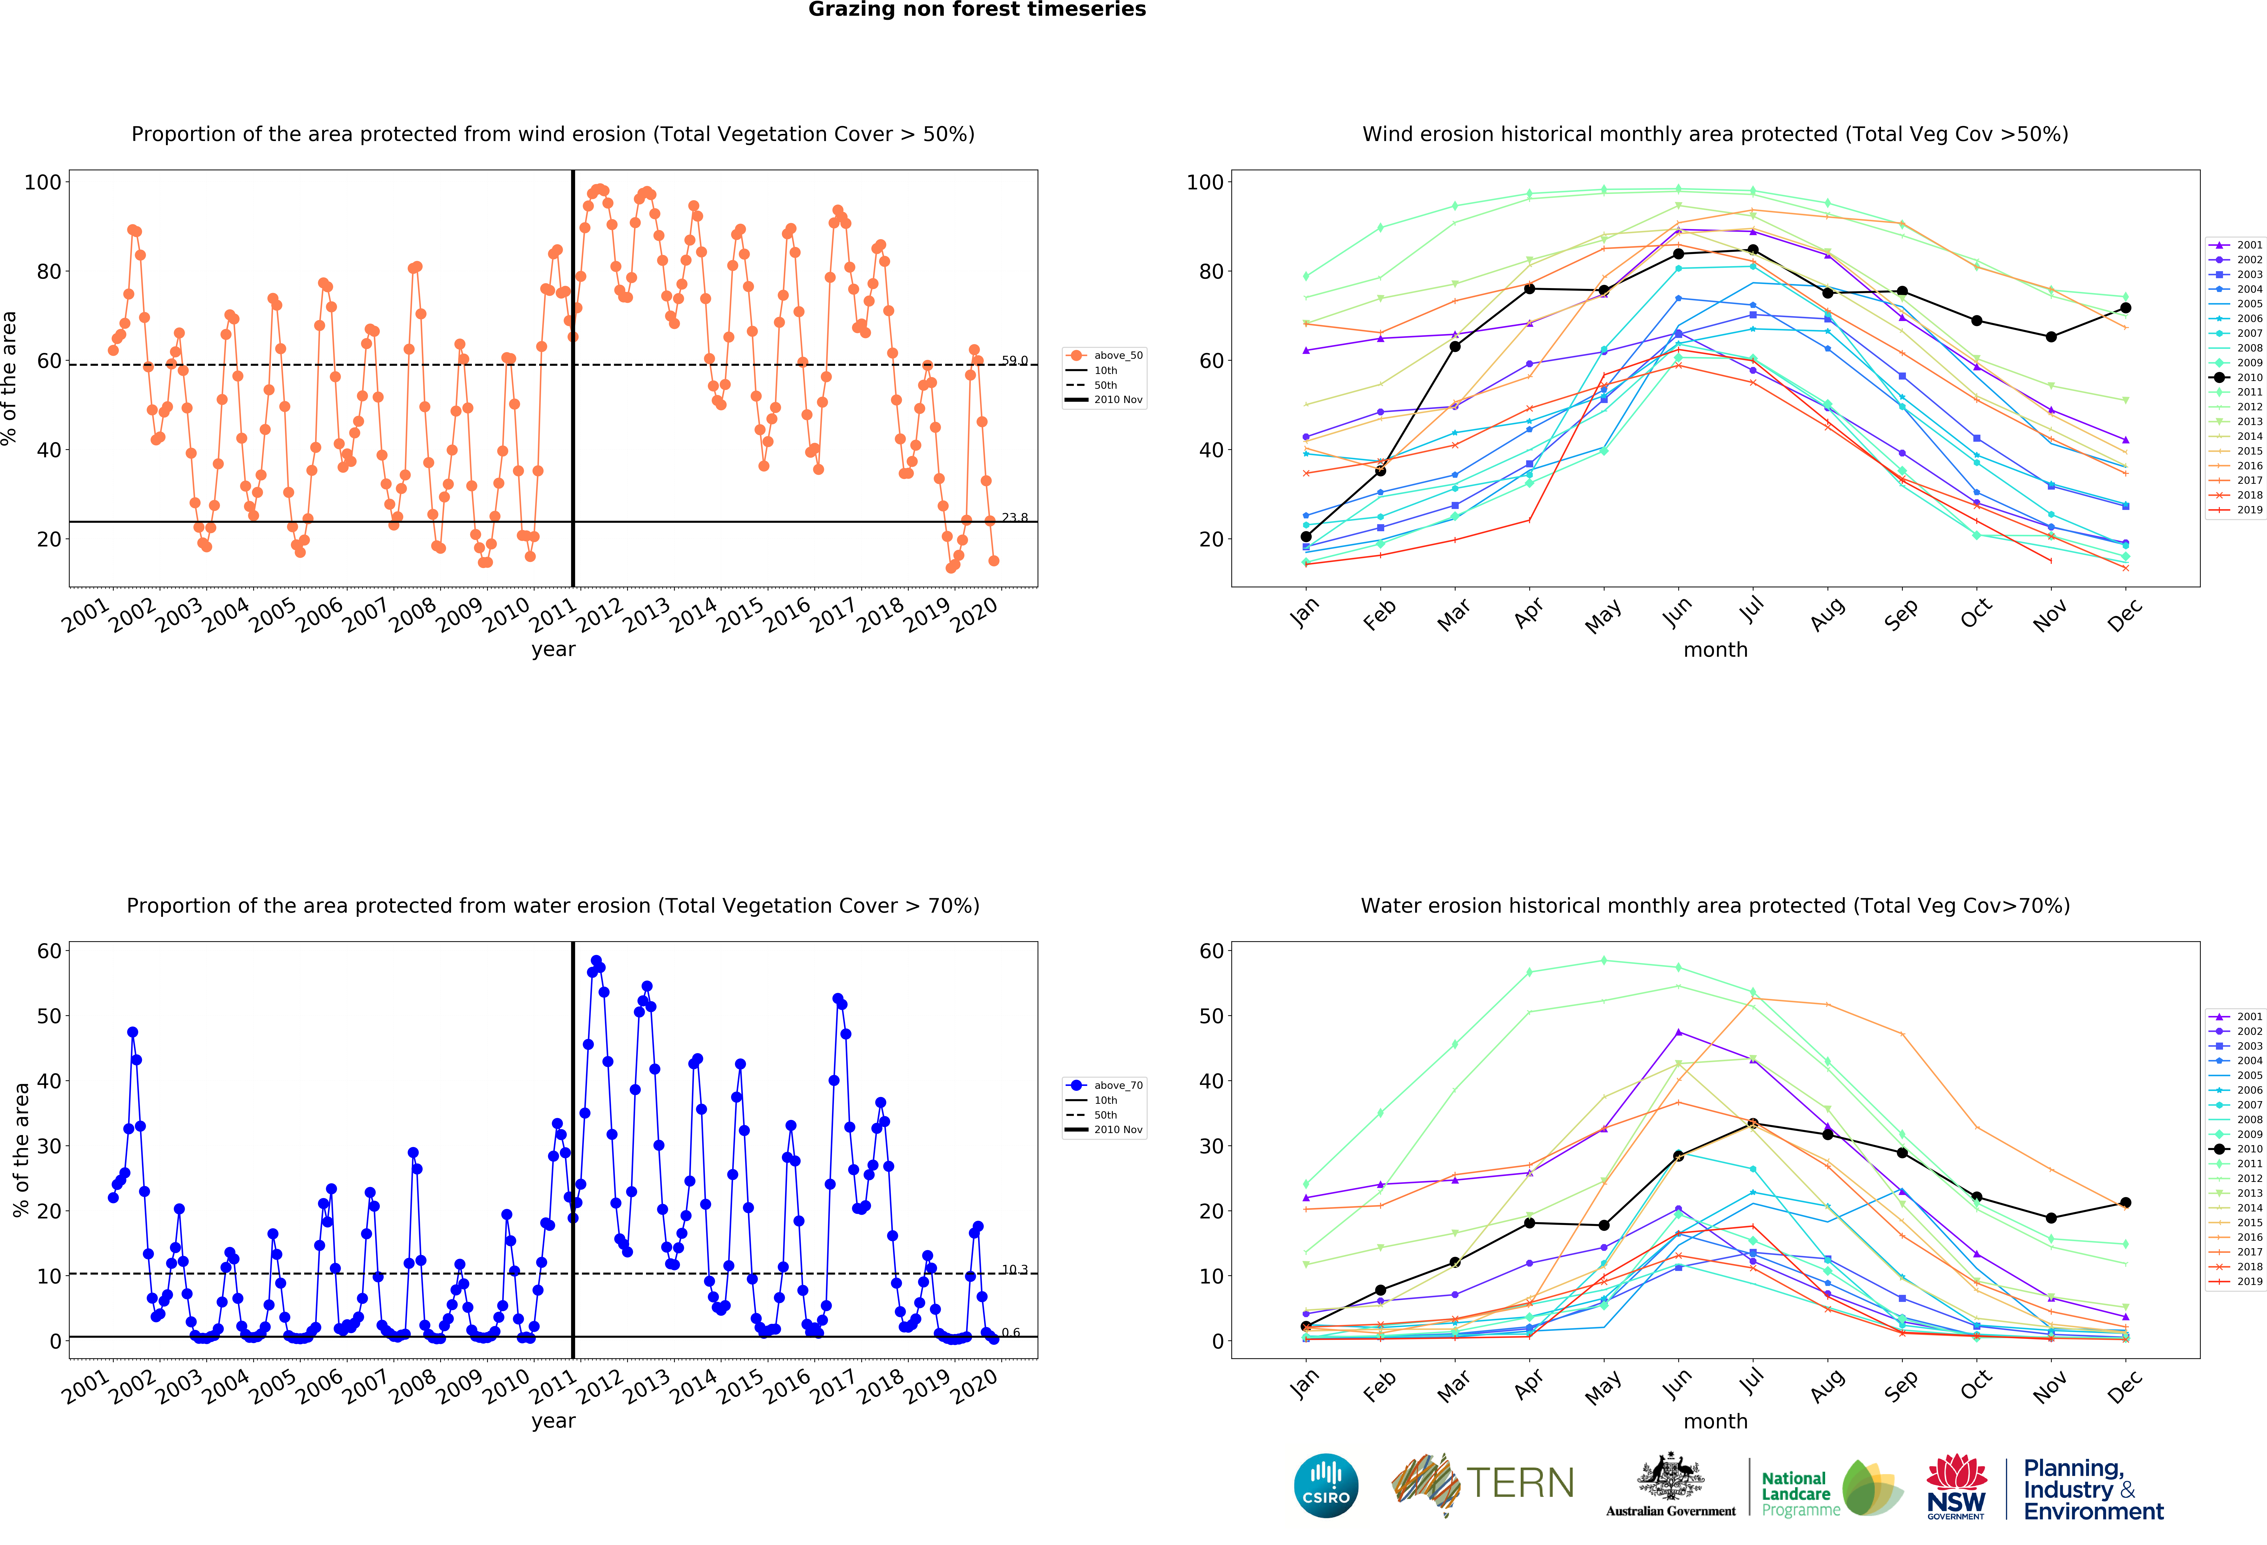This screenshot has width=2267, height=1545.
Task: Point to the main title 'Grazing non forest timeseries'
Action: pyautogui.click(x=976, y=10)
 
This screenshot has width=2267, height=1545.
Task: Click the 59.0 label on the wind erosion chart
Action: pyautogui.click(x=1014, y=361)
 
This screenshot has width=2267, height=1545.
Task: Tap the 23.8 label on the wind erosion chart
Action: pyautogui.click(x=1014, y=518)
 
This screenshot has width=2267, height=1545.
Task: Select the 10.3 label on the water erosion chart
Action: pyautogui.click(x=1014, y=1270)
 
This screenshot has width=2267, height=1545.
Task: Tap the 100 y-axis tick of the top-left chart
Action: pyautogui.click(x=43, y=182)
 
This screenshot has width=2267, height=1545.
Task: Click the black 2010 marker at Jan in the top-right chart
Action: pyautogui.click(x=1306, y=537)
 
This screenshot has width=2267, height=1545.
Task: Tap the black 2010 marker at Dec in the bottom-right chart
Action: pyautogui.click(x=2126, y=1203)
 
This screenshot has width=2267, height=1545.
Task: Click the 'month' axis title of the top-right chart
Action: pyautogui.click(x=1715, y=649)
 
